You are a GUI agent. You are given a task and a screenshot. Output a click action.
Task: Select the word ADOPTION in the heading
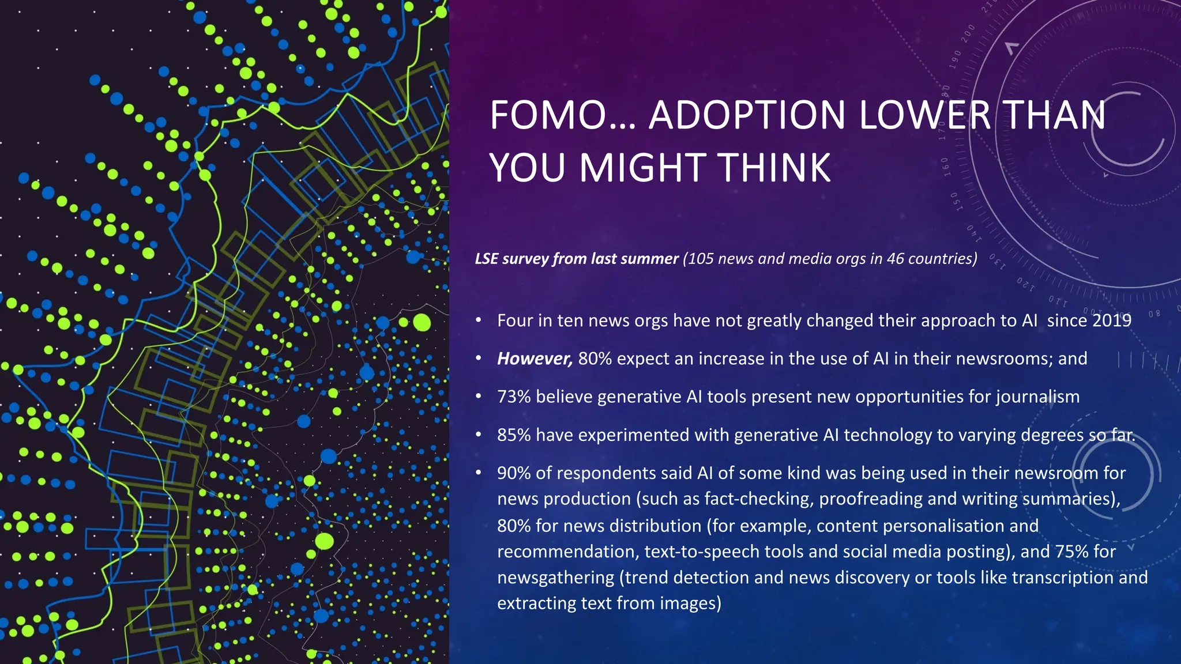click(x=746, y=115)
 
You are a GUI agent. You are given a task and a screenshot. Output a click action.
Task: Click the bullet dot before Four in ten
click(x=478, y=320)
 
